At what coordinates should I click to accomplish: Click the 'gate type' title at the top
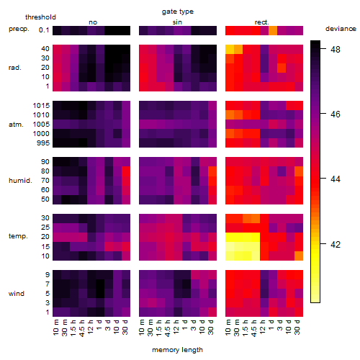tap(178, 12)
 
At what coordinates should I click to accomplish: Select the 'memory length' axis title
tap(177, 350)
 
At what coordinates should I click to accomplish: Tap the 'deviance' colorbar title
tap(341, 29)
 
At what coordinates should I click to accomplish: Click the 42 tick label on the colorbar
tap(336, 244)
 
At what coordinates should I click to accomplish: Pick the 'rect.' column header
tap(262, 22)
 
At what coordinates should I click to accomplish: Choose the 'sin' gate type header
tap(177, 22)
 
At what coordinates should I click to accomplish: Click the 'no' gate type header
tap(93, 22)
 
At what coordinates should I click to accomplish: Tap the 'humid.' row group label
tap(20, 181)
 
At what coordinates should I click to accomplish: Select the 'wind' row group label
tap(17, 294)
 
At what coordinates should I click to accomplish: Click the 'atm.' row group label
tap(16, 125)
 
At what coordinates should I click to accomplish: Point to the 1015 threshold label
tap(41, 106)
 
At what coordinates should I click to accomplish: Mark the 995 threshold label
tap(43, 143)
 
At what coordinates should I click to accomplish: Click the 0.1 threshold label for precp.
tap(44, 30)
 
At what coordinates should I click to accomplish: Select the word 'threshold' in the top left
tap(40, 17)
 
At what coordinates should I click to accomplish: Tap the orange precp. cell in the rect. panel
tap(273, 30)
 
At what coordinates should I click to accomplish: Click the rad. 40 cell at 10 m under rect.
tap(230, 49)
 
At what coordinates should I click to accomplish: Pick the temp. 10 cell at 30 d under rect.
tap(299, 256)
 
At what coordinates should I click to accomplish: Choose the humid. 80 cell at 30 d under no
tap(126, 171)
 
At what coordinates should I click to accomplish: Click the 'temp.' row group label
tap(18, 236)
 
